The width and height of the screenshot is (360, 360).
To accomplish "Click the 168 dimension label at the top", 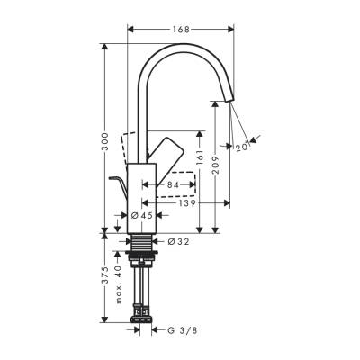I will pyautogui.click(x=180, y=31).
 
